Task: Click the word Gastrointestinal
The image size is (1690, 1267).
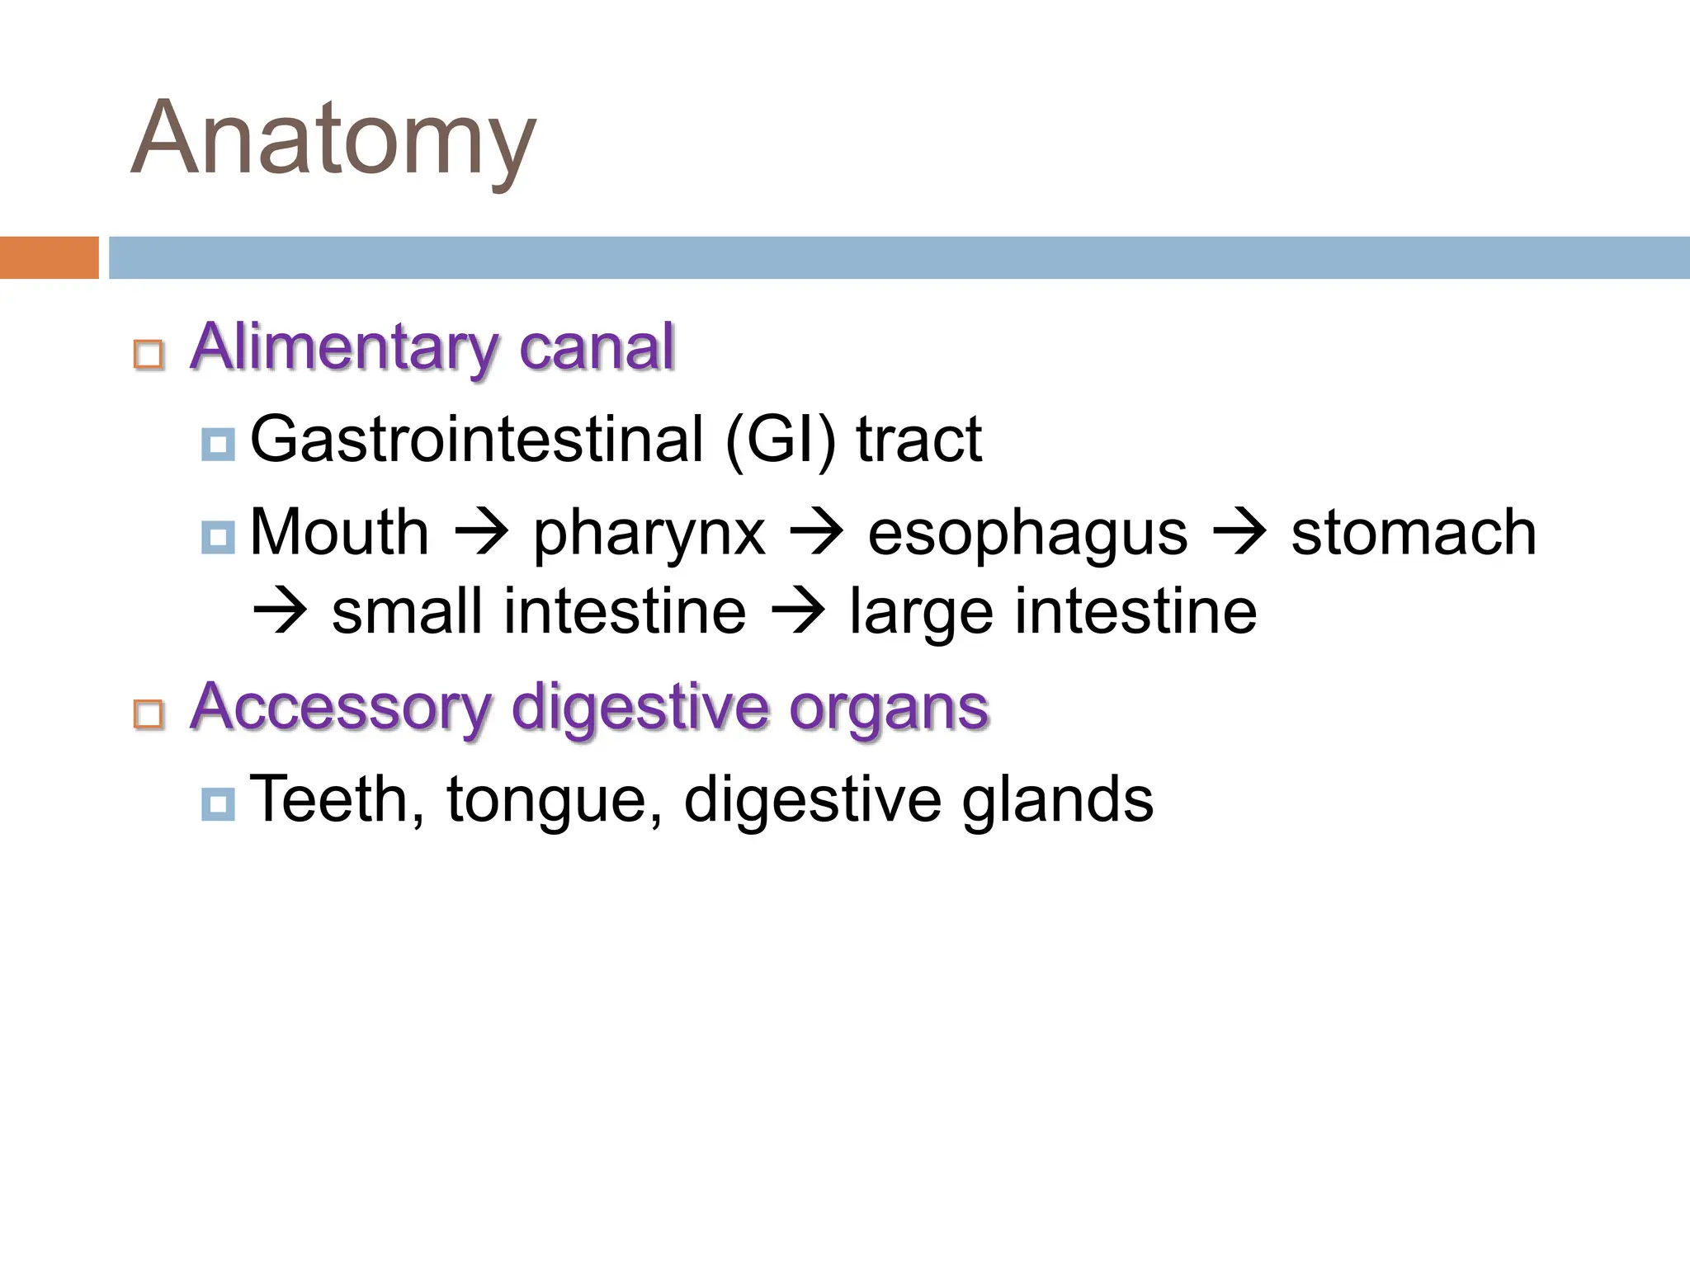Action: click(x=476, y=440)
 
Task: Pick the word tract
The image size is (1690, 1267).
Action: click(x=918, y=440)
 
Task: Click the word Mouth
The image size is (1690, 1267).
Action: click(x=339, y=532)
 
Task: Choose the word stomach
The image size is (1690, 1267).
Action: click(x=1414, y=532)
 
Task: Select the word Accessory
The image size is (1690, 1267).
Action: click(x=341, y=708)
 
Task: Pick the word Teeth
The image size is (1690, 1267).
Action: click(x=337, y=798)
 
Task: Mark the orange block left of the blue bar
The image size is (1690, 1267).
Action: click(x=49, y=257)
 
